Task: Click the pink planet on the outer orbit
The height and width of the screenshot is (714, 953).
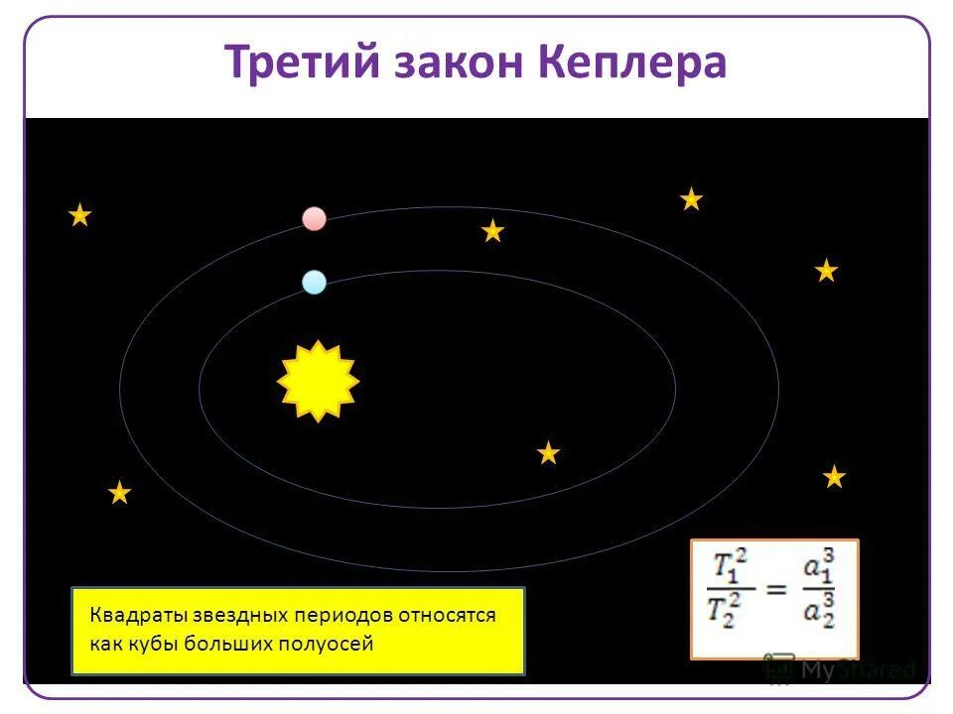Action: pyautogui.click(x=314, y=218)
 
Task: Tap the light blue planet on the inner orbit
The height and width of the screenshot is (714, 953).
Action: pyautogui.click(x=314, y=283)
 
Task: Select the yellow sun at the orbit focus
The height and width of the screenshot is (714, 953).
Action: pyautogui.click(x=318, y=381)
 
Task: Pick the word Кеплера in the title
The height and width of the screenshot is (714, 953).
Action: pyautogui.click(x=634, y=63)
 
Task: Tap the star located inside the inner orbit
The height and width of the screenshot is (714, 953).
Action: pyautogui.click(x=548, y=454)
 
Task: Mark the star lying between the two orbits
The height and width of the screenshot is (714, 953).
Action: pyautogui.click(x=492, y=232)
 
